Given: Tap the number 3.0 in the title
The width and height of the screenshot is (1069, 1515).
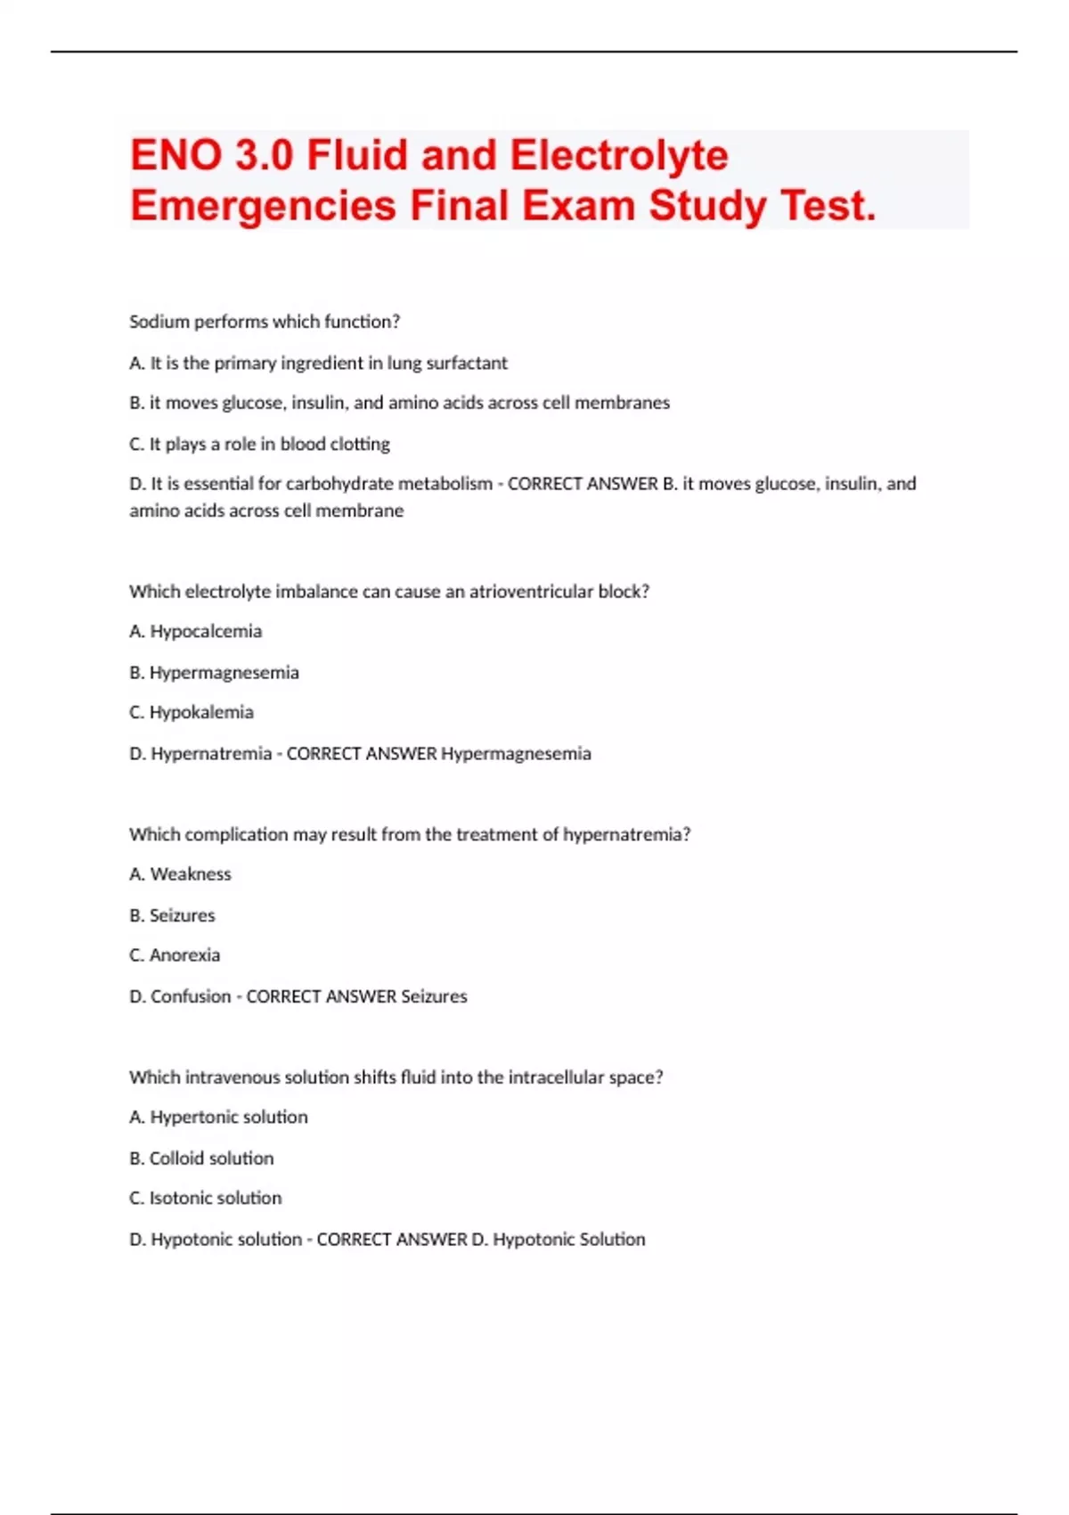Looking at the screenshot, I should (265, 155).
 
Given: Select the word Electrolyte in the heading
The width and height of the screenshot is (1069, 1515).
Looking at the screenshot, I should (619, 155).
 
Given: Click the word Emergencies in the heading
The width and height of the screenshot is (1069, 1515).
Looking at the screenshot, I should (263, 206).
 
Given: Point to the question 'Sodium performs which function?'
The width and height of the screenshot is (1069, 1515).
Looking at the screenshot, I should (265, 322).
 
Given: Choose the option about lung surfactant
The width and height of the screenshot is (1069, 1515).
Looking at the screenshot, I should (318, 363).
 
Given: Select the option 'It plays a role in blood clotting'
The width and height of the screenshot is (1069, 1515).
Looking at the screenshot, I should (259, 444).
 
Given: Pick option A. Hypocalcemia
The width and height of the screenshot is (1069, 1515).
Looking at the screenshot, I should (195, 632).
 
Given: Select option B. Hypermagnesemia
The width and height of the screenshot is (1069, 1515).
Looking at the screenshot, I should (214, 673).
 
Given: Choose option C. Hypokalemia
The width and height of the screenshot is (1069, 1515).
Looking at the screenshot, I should (192, 712).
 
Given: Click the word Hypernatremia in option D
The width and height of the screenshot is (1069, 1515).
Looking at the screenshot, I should (211, 754).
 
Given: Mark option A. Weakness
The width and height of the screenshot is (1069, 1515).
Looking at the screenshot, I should (180, 874).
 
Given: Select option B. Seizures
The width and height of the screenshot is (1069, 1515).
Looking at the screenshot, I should (172, 915).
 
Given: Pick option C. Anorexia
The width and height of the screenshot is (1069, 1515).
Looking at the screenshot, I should (175, 955).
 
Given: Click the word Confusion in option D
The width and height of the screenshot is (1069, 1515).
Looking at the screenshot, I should (191, 996).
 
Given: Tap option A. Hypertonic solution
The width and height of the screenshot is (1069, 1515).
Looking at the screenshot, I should (218, 1118).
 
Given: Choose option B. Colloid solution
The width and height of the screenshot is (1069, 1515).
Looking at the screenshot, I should (201, 1159).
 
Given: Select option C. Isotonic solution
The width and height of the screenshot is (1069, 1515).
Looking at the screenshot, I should (205, 1199).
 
